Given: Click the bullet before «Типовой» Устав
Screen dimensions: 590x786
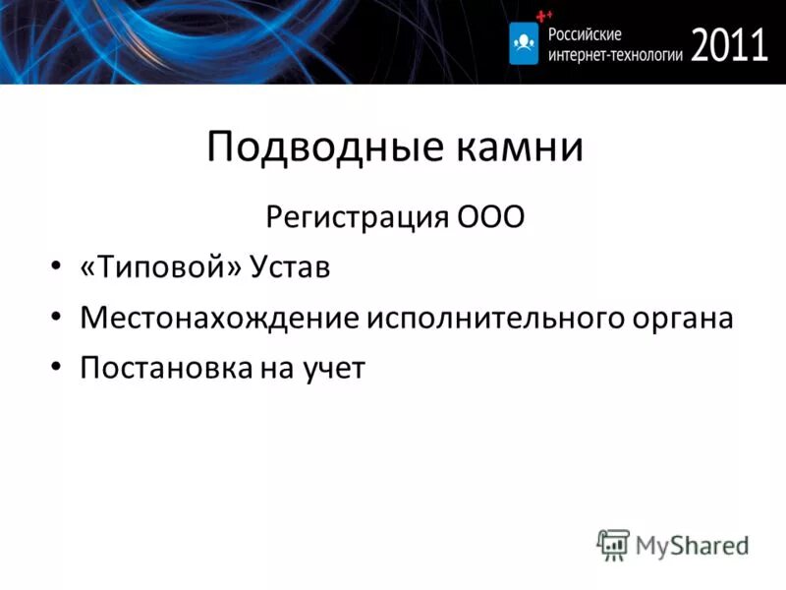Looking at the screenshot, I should point(56,268).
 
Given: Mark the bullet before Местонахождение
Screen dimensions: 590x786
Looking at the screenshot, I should point(56,319).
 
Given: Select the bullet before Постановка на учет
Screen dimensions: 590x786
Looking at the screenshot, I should point(56,369).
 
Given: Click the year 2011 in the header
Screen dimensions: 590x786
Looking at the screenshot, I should point(729,44).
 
